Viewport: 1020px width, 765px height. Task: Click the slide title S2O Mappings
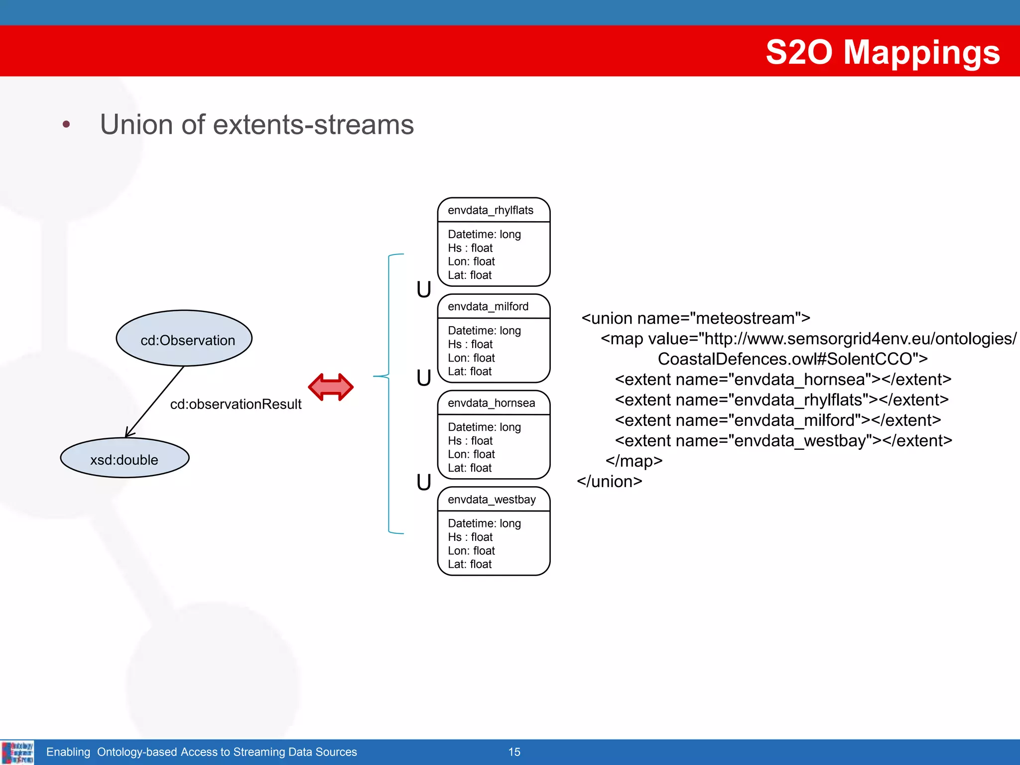(882, 52)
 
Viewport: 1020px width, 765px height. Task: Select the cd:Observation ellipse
(184, 339)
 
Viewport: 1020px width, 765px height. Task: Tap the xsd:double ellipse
(125, 458)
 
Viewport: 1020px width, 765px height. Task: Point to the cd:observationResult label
(236, 404)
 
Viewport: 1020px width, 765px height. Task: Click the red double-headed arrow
(331, 387)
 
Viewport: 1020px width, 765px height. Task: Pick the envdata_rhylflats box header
(491, 210)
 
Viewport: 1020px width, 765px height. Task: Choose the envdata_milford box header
(488, 306)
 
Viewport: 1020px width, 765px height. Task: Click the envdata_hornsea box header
(491, 403)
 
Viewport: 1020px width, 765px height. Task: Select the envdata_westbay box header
(492, 500)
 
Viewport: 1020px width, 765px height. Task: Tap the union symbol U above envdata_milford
(424, 289)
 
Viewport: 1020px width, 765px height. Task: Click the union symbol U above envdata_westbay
(424, 482)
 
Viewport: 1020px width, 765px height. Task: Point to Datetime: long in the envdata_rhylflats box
(484, 234)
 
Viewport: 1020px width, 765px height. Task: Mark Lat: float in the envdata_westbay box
(470, 564)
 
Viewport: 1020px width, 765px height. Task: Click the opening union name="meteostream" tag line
(695, 318)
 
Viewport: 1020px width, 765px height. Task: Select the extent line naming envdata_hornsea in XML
(783, 380)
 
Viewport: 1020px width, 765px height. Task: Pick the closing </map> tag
(634, 461)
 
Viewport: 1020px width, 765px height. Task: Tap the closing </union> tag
(609, 482)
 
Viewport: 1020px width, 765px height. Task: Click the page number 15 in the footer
(514, 752)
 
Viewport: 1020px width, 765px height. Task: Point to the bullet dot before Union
(66, 125)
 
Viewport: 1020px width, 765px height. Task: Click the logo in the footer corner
(17, 752)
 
